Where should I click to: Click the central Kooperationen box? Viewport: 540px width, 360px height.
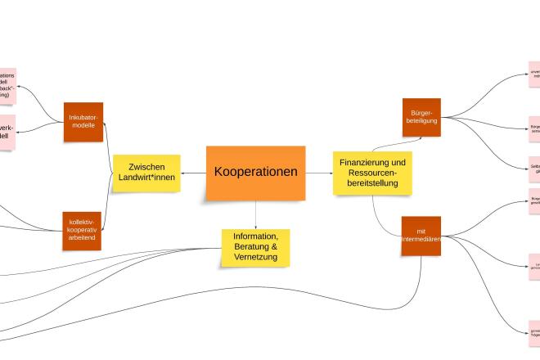click(x=255, y=173)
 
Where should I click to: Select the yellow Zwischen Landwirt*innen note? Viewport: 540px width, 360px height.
click(x=146, y=173)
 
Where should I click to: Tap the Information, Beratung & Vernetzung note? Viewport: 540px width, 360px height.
click(x=255, y=246)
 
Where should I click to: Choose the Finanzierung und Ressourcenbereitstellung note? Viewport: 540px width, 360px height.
click(x=371, y=173)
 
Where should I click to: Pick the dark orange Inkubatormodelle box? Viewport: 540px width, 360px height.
click(x=83, y=121)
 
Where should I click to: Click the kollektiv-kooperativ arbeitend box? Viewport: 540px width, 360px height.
click(x=81, y=231)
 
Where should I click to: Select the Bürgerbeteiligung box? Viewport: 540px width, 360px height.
click(x=421, y=117)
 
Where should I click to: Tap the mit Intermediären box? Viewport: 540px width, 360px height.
click(x=421, y=236)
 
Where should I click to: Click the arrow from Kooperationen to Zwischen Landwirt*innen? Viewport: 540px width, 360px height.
click(x=193, y=173)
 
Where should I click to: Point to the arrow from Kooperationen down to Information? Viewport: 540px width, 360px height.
click(x=255, y=214)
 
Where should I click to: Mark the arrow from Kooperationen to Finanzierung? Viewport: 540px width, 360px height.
click(x=319, y=173)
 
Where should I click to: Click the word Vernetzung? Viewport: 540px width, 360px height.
click(x=255, y=257)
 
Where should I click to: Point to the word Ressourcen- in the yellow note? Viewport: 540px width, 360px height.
click(x=371, y=173)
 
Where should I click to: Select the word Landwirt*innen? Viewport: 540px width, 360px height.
click(x=146, y=178)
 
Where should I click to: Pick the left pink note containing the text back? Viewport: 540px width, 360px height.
click(x=7, y=86)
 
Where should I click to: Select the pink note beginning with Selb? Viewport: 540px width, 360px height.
click(x=533, y=169)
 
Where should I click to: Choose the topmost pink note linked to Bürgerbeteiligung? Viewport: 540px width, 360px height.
click(x=533, y=74)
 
